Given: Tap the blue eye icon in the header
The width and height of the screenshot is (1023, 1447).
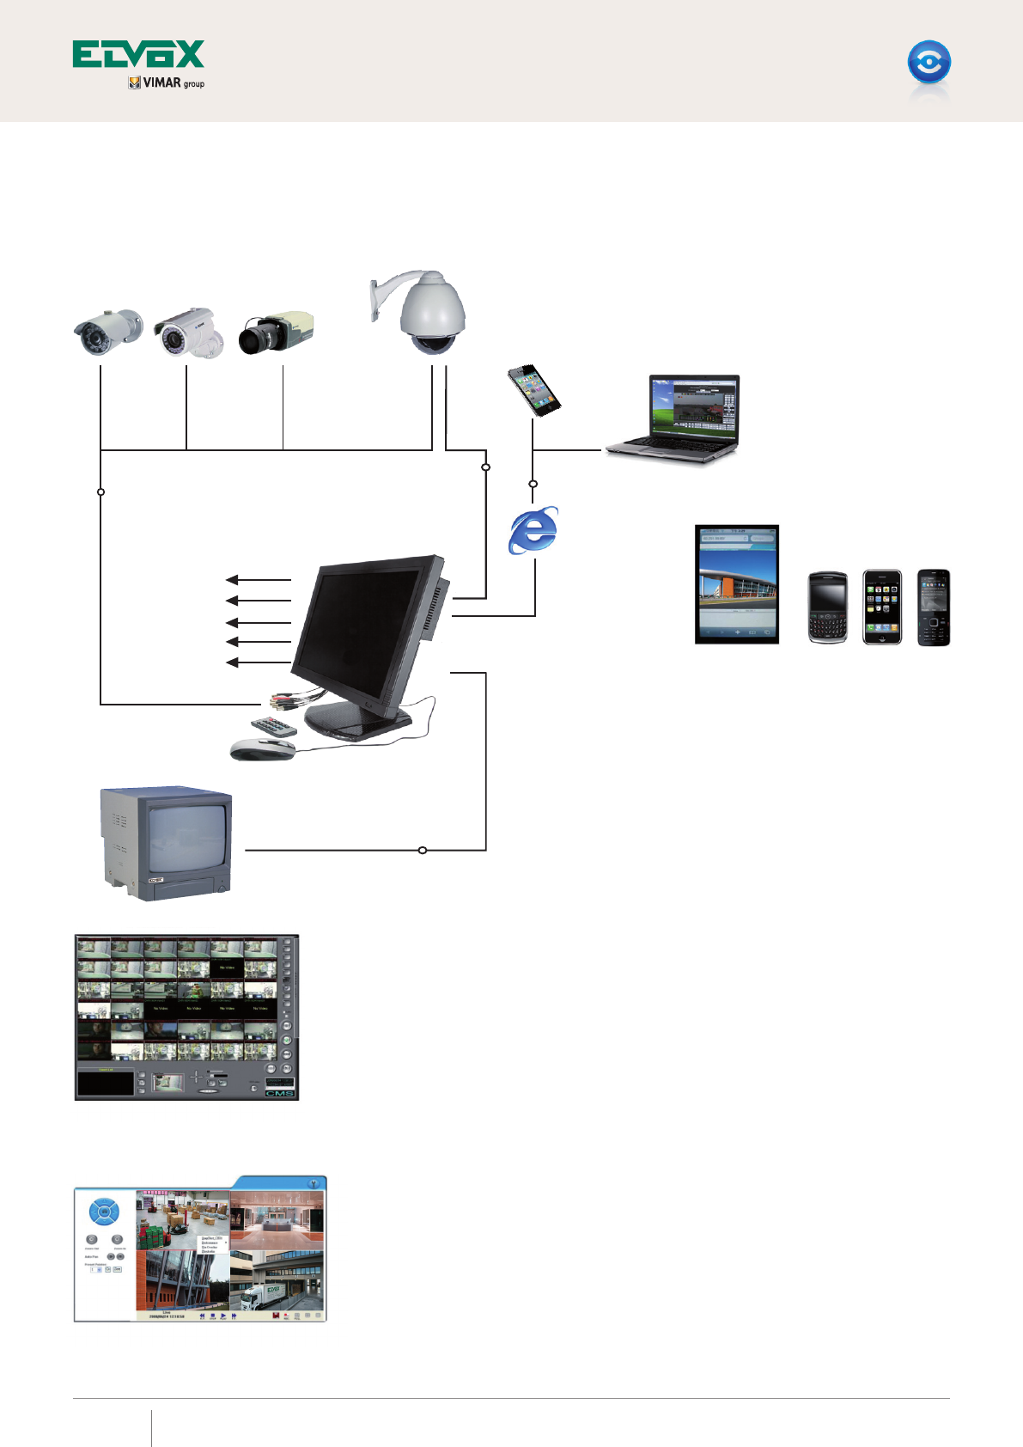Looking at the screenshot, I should pos(929,63).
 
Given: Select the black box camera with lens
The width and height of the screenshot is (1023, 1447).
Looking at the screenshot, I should pos(276,333).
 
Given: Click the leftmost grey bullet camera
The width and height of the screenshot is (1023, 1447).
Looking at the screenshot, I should pos(107,332).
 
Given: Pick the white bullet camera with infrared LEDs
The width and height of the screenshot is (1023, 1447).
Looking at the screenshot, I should pos(188,333).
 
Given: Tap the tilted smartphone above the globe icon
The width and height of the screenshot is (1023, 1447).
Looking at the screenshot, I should pos(534,389).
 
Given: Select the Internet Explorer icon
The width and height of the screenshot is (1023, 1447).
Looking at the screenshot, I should pos(533,530).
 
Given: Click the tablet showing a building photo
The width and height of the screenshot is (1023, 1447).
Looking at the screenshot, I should pos(737,584).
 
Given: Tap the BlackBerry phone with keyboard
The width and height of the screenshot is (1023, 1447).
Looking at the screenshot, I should pos(828,607).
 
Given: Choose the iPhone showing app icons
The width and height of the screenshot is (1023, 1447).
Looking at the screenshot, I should pos(882,607).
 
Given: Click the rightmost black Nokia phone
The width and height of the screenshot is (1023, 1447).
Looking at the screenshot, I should pos(933,607).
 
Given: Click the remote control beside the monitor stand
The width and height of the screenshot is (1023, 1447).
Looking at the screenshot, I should pos(273,727).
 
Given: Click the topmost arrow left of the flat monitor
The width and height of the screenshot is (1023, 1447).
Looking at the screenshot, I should pos(259,581).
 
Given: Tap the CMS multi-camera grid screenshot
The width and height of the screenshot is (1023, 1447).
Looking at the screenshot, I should pos(186,1017).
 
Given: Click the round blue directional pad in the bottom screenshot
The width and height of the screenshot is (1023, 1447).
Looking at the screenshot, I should pos(104,1212).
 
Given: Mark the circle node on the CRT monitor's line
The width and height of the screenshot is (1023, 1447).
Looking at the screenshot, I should pos(422,851).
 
